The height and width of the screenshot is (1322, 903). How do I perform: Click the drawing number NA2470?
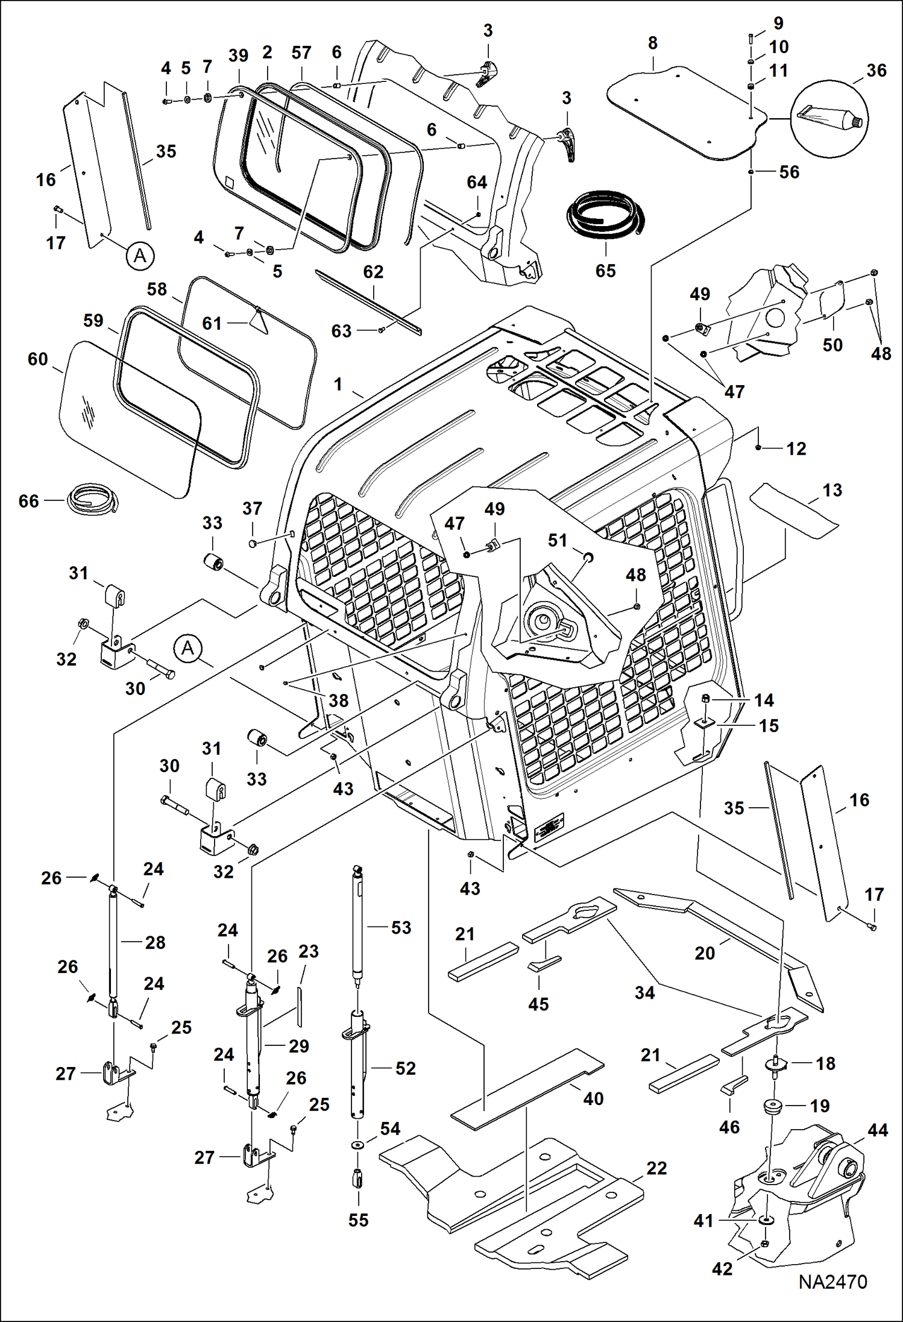[x=832, y=1298]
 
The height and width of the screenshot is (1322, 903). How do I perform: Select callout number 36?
[x=876, y=71]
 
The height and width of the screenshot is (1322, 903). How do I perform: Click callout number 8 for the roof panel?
[x=652, y=43]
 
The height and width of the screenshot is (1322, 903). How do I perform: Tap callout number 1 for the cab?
[x=338, y=384]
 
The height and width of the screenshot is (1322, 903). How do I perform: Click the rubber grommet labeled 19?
[x=771, y=1106]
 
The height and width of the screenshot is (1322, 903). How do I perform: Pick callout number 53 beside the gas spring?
[x=401, y=928]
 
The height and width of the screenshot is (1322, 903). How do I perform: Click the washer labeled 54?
[x=357, y=1145]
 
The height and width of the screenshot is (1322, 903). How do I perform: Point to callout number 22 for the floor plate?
[x=656, y=1168]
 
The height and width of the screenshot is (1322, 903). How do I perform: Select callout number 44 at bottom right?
[x=877, y=1130]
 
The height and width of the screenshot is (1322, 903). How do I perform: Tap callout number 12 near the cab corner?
[x=796, y=449]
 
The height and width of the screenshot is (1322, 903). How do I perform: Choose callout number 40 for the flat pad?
[x=593, y=1098]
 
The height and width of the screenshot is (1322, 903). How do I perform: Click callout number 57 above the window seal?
[x=301, y=53]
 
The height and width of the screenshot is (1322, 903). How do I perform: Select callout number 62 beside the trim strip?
[x=373, y=272]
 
